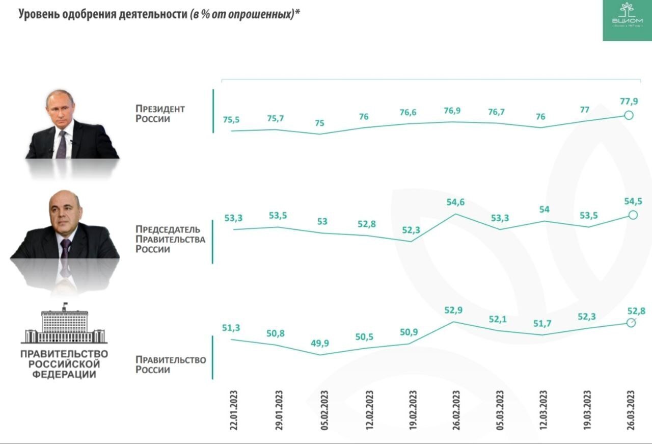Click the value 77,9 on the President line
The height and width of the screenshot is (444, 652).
629,101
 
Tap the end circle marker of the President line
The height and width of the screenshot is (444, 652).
629,115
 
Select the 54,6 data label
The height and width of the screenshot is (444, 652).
454,202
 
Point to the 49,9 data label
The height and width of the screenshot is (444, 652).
320,343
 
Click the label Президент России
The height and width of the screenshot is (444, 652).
160,114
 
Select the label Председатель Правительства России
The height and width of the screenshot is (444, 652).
170,239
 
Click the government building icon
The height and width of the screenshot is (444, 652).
65,324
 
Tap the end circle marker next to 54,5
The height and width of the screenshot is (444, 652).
633,215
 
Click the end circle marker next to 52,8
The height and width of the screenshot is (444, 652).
631,323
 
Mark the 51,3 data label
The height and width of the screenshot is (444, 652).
230,328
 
